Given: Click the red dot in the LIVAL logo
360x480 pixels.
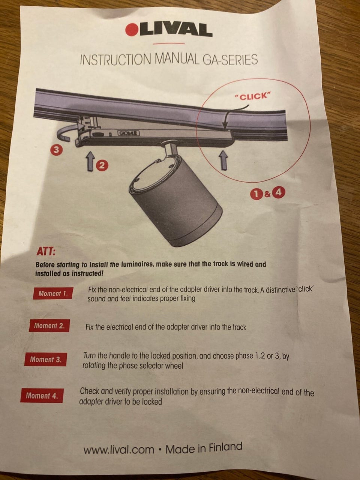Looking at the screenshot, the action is [132, 30].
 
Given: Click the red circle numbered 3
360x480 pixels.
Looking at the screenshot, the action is [56, 150].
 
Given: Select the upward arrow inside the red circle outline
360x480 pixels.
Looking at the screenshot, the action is [224, 160].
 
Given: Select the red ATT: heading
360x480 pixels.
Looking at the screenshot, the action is [46, 252].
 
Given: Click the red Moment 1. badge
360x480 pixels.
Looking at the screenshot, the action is [53, 293].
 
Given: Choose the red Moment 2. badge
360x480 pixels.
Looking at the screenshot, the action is [49, 326].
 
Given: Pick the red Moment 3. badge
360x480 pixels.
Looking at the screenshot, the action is [45, 359].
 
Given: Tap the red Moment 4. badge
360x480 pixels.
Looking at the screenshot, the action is [42, 395].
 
